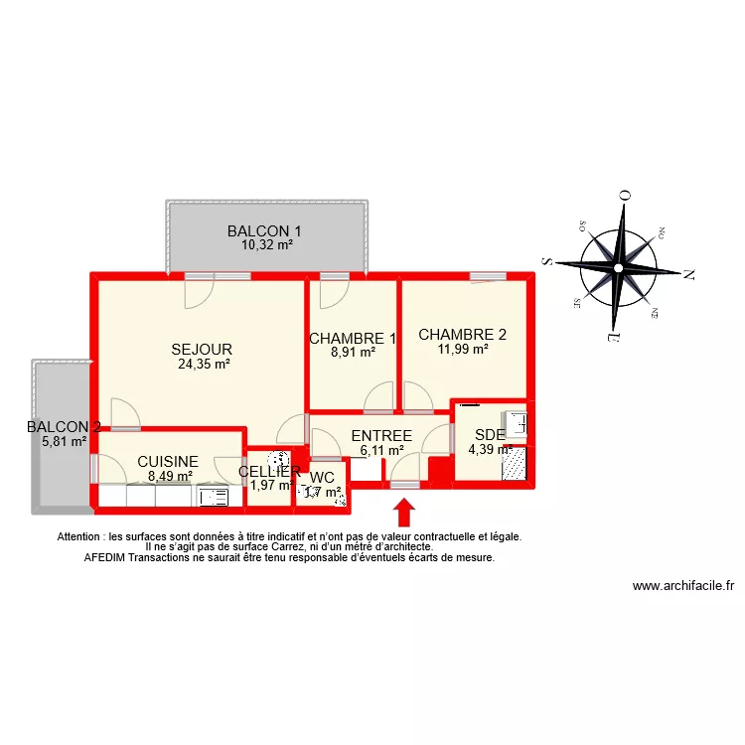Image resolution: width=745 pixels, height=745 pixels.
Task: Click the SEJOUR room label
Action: point(202,350)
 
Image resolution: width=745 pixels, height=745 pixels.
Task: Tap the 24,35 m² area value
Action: point(204,365)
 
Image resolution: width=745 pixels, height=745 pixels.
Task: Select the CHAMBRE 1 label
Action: point(353,339)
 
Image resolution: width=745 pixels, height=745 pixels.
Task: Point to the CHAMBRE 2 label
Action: point(462,335)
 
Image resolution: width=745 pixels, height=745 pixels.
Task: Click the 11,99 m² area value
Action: point(463,349)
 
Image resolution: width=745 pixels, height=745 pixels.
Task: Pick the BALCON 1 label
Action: point(264,231)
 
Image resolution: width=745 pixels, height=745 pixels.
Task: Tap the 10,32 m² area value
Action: point(266,244)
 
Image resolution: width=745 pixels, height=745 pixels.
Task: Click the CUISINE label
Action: point(168,462)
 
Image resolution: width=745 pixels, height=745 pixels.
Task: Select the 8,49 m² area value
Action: point(170,476)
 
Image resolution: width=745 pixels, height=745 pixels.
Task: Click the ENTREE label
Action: point(381,436)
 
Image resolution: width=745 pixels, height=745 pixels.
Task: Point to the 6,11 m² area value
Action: point(381,450)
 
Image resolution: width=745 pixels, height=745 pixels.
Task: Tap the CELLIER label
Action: point(269,472)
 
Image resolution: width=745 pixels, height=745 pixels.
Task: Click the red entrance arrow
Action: point(404,512)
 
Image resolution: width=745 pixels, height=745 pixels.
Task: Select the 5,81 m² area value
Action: point(64,441)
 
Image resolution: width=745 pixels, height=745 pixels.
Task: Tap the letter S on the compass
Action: point(546,261)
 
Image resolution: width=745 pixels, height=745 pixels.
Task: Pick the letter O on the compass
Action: point(625,196)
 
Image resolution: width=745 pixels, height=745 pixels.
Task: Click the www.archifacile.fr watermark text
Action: point(682,586)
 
